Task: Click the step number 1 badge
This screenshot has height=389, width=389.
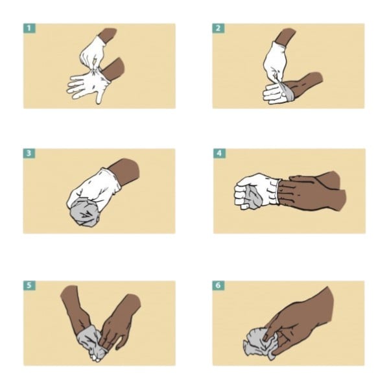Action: [29, 29]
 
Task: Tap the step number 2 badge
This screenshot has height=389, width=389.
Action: [218, 29]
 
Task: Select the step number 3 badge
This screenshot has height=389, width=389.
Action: [29, 153]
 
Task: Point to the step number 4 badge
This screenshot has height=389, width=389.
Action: [219, 153]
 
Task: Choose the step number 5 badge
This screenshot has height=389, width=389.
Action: [29, 285]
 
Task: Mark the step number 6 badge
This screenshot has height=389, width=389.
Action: [218, 285]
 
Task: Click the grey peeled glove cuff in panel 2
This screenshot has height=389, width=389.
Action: [288, 92]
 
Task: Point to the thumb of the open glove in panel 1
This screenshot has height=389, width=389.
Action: [100, 96]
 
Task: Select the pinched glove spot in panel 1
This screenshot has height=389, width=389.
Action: [95, 71]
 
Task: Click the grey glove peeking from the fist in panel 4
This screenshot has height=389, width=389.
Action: [253, 196]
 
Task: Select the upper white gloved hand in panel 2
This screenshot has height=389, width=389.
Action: [275, 62]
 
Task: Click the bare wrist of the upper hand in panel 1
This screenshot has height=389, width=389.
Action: [108, 35]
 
